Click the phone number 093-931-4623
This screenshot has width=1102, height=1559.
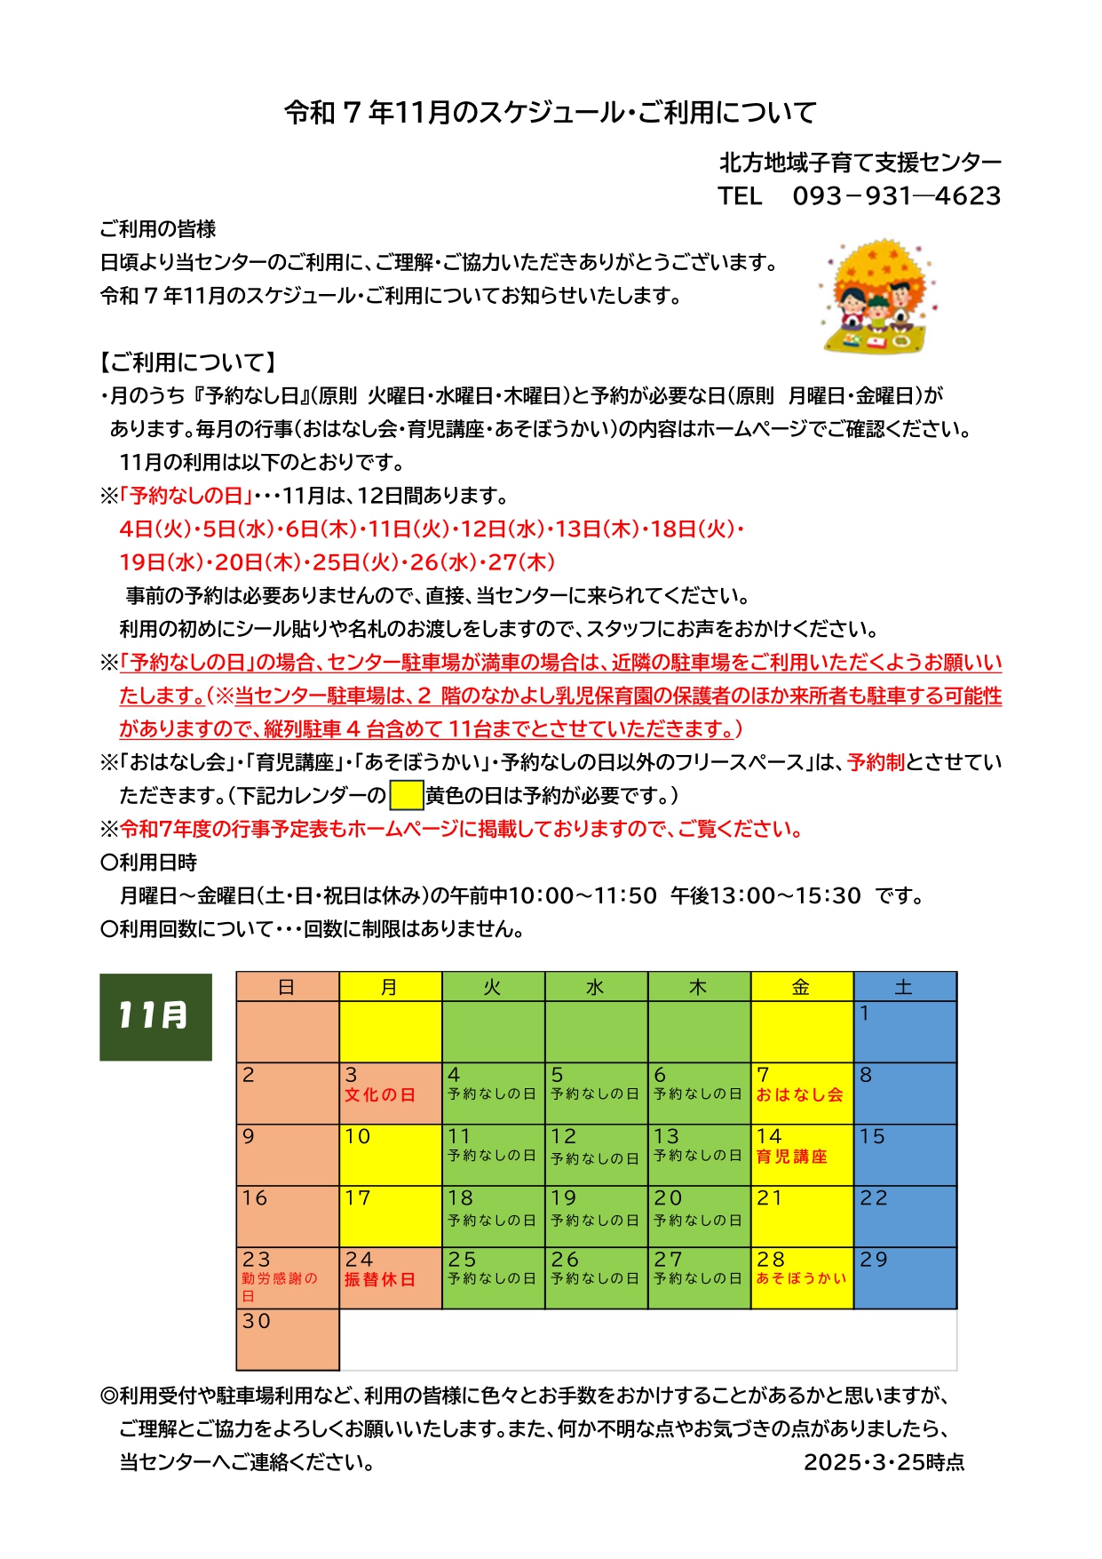click(896, 195)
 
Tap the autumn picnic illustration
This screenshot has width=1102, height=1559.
click(877, 295)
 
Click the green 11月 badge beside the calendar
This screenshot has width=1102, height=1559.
click(155, 1016)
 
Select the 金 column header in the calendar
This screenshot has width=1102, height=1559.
click(802, 987)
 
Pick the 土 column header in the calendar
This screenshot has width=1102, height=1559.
click(904, 987)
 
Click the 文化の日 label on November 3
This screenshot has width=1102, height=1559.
click(380, 1095)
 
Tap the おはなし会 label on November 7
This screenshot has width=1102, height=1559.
click(799, 1095)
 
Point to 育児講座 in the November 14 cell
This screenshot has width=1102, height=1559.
click(791, 1157)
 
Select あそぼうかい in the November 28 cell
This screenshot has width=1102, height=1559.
click(801, 1278)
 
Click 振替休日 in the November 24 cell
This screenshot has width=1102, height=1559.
click(380, 1279)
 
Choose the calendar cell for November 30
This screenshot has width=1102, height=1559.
click(288, 1340)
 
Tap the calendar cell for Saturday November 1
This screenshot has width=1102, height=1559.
click(905, 1031)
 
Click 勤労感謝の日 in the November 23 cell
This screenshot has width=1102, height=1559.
click(279, 1286)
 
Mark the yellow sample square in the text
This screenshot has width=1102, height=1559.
click(406, 795)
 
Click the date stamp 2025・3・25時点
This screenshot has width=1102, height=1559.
click(884, 1462)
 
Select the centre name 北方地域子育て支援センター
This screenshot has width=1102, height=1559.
click(860, 163)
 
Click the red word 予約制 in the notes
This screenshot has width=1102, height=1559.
click(876, 762)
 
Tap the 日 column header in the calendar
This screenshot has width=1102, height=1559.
click(287, 987)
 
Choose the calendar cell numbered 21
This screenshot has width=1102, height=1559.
click(802, 1216)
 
